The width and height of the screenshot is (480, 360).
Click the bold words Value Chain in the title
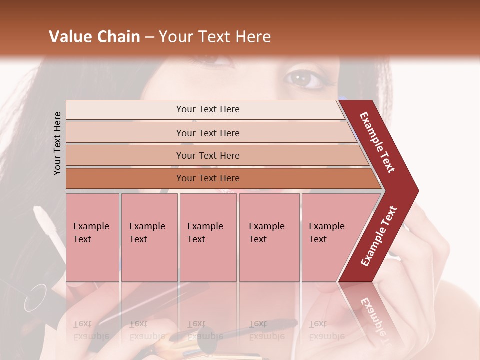tap(94, 37)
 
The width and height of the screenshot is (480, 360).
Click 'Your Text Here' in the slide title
tap(215, 37)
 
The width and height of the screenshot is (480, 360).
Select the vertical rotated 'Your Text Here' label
tap(57, 143)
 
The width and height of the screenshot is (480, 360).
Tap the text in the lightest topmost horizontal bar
tap(208, 109)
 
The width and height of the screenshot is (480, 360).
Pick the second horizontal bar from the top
tap(208, 133)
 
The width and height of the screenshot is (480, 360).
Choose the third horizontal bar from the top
tap(208, 155)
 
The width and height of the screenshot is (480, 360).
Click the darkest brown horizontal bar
tap(208, 178)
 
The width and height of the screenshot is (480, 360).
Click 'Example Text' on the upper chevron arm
tap(377, 142)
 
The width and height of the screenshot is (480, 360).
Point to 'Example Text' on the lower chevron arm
tap(379, 236)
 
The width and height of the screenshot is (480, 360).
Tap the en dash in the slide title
tap(149, 37)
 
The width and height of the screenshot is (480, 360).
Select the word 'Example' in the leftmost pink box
tap(91, 226)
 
